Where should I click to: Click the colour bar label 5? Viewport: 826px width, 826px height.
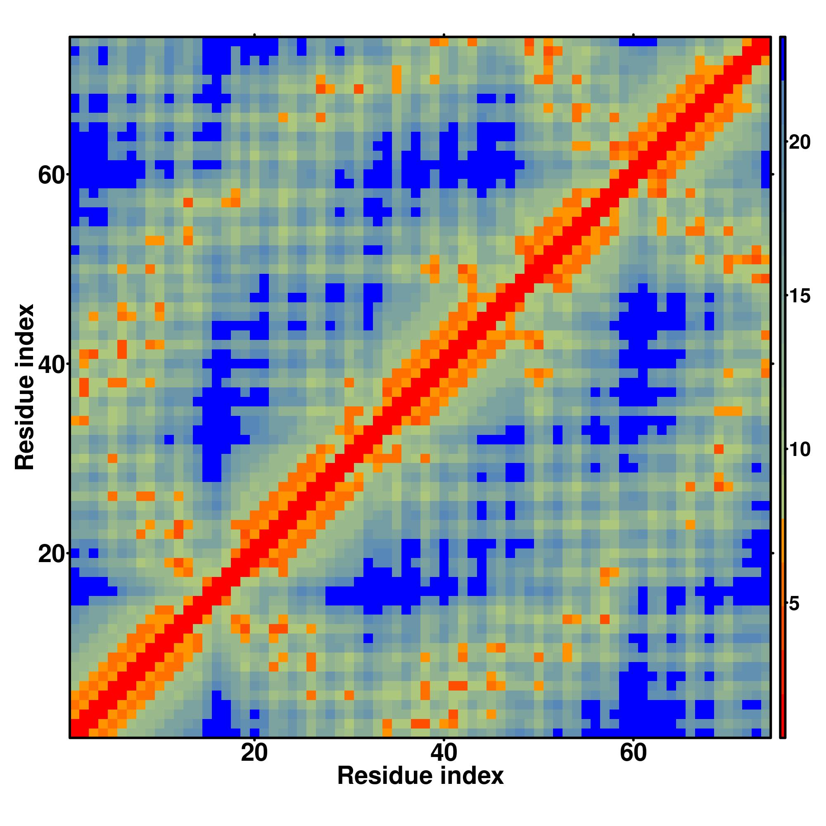tap(794, 604)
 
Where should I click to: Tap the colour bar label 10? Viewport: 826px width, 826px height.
tap(799, 450)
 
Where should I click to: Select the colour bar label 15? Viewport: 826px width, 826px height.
tap(799, 296)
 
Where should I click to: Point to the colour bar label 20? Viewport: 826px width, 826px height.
tap(799, 142)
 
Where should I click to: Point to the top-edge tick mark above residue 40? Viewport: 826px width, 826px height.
tap(444, 35)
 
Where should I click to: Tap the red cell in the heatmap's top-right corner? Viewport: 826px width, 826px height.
tap(766, 42)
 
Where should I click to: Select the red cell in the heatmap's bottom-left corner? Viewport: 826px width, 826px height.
tap(75, 732)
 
